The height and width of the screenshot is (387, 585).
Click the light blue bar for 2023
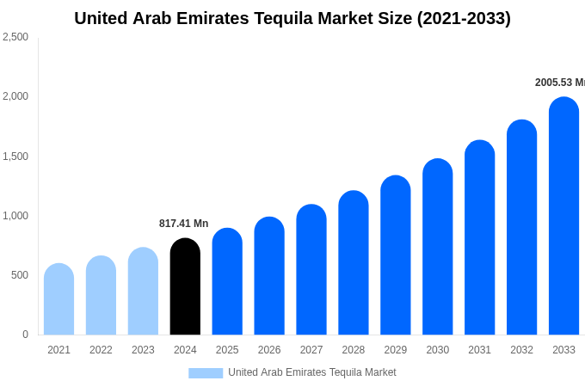tap(143, 292)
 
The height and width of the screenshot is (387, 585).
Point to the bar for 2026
tap(269, 276)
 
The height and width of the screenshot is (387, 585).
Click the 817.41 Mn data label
tap(183, 224)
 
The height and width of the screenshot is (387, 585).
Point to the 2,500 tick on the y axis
tap(15, 37)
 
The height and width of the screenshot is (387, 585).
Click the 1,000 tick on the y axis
tap(15, 216)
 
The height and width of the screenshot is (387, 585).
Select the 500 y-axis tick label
tap(19, 275)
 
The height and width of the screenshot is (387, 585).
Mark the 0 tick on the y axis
tap(25, 335)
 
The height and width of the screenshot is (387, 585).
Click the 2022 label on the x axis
tap(101, 350)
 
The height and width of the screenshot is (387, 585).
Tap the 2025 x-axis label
tap(227, 350)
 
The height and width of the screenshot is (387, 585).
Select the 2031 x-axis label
tap(479, 350)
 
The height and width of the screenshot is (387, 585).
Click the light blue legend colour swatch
tap(206, 373)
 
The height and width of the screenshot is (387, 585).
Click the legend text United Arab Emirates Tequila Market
tap(312, 372)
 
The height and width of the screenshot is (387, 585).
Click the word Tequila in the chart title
tap(288, 18)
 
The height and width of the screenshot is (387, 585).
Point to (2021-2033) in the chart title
tap(464, 18)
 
